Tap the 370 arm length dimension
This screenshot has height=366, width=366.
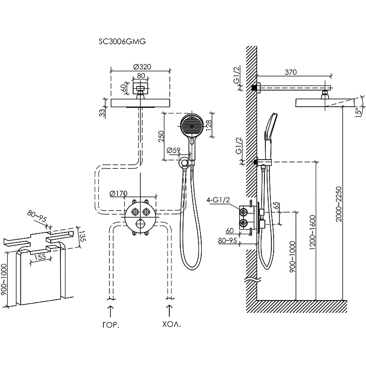click(291, 72)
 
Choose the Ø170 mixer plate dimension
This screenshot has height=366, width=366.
click(118, 194)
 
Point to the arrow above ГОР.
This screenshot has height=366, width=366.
click(111, 312)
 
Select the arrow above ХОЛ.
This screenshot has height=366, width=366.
click(170, 312)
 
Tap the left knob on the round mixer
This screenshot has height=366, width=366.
click(135, 211)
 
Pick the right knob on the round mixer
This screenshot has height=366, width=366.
click(146, 211)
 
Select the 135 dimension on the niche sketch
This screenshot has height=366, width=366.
click(83, 237)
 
